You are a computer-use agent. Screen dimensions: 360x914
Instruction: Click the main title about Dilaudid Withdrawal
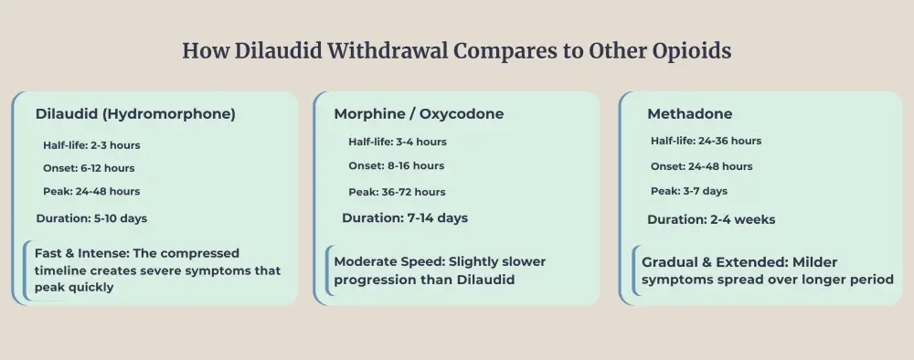pyautogui.click(x=456, y=51)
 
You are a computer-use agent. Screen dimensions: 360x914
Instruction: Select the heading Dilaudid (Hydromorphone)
pyautogui.click(x=135, y=114)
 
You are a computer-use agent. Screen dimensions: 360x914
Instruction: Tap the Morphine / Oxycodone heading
pyautogui.click(x=419, y=114)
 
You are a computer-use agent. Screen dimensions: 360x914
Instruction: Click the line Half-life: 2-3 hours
pyautogui.click(x=91, y=144)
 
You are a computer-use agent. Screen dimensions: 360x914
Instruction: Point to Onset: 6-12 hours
pyautogui.click(x=89, y=168)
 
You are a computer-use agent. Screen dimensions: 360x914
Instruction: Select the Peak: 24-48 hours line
pyautogui.click(x=91, y=191)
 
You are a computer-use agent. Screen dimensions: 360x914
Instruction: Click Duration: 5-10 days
pyautogui.click(x=91, y=218)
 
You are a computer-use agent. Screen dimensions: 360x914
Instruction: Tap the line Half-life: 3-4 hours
pyautogui.click(x=398, y=142)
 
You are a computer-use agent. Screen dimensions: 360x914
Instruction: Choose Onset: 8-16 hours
pyautogui.click(x=396, y=165)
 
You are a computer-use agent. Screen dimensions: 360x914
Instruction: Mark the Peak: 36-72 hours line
pyautogui.click(x=397, y=192)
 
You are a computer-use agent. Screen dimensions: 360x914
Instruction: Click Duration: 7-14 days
pyautogui.click(x=405, y=218)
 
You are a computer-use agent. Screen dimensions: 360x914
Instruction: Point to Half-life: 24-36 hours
pyautogui.click(x=706, y=141)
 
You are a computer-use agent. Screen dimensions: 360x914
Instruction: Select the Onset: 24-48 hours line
pyautogui.click(x=702, y=166)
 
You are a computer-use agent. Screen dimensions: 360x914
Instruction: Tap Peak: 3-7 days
pyautogui.click(x=689, y=191)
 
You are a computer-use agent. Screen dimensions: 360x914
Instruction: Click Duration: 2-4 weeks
pyautogui.click(x=711, y=219)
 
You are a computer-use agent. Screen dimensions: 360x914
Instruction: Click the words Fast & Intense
pyautogui.click(x=78, y=253)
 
